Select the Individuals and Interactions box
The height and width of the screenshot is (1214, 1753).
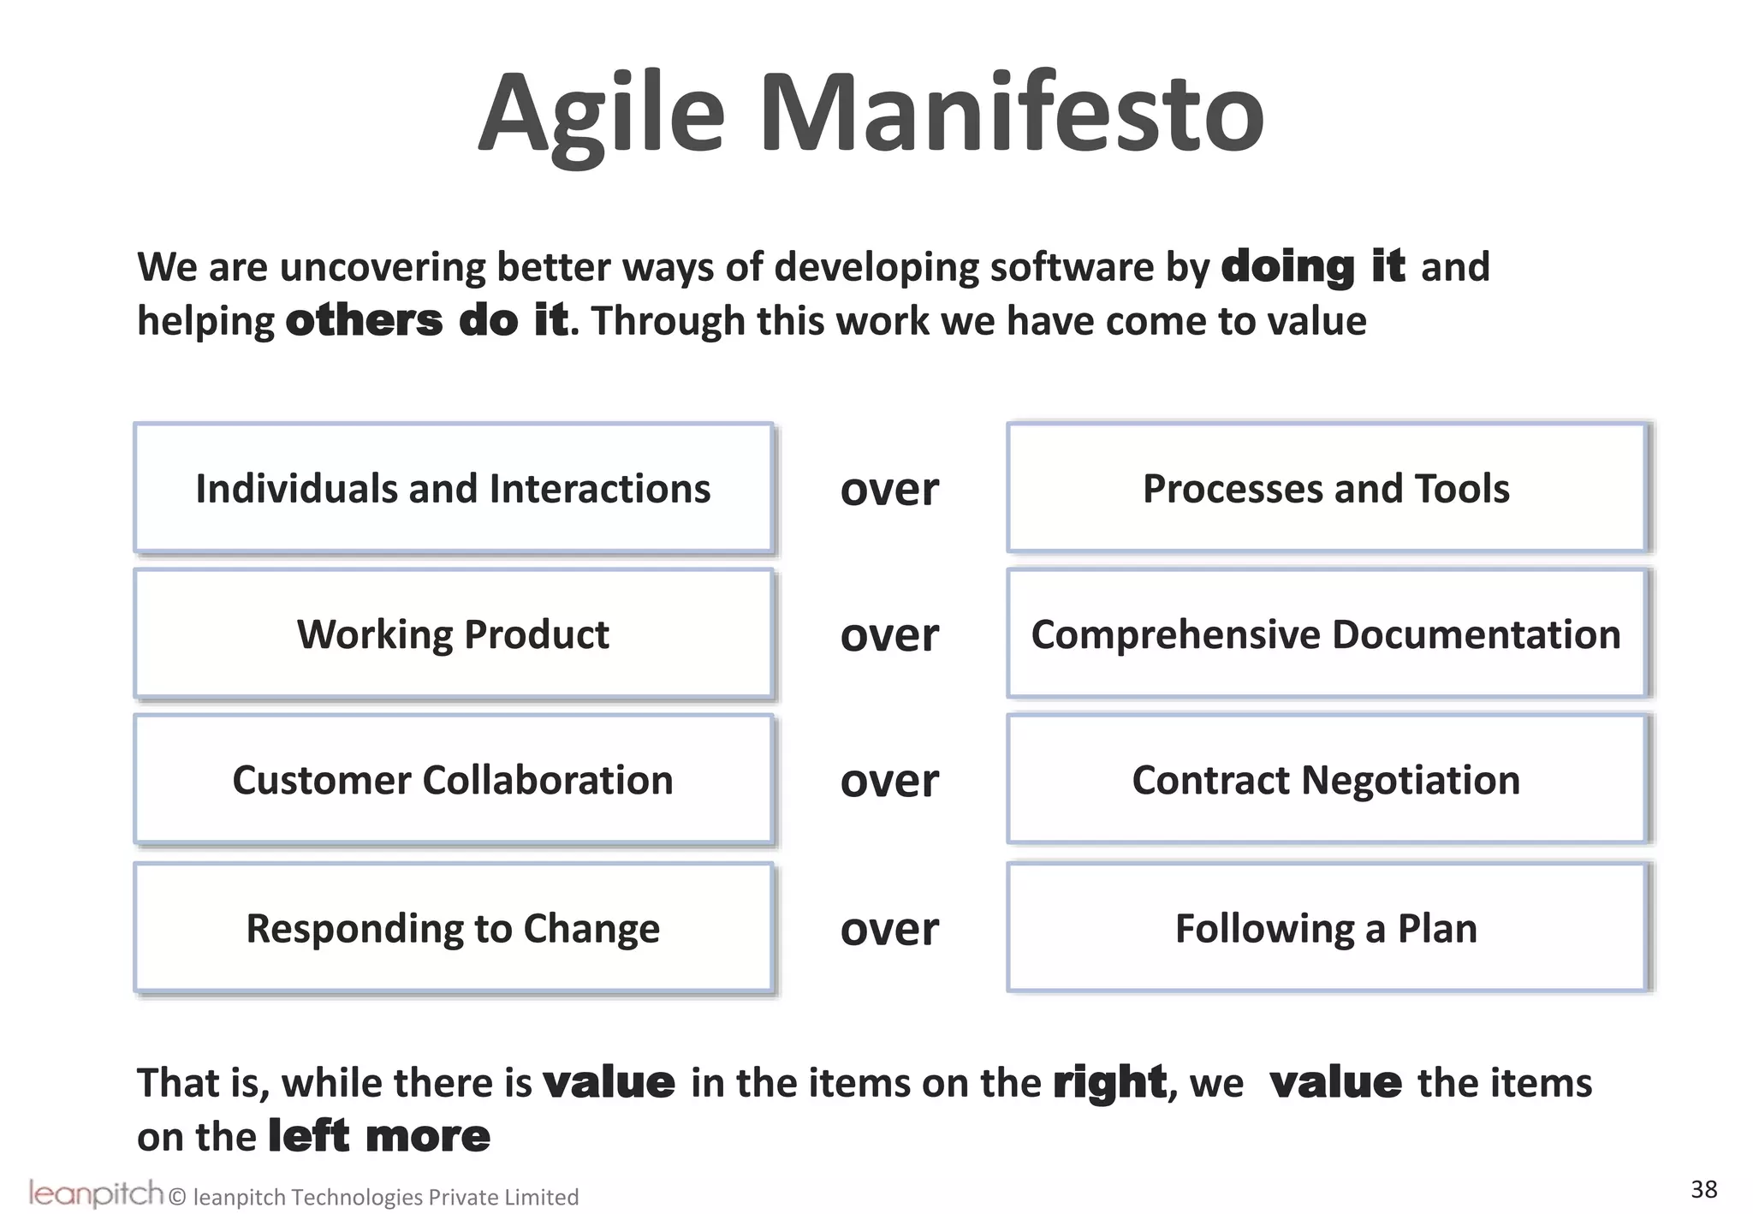click(453, 489)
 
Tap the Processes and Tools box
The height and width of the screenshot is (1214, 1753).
click(1326, 489)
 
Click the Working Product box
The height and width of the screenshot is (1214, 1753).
click(453, 634)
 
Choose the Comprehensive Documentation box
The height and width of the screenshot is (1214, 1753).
click(1326, 634)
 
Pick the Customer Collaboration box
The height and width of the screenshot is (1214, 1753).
click(453, 780)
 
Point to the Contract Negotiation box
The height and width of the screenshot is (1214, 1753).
click(1326, 780)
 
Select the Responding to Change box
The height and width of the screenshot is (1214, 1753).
click(453, 928)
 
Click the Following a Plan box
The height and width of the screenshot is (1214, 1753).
click(1326, 928)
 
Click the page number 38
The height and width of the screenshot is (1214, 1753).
click(1703, 1189)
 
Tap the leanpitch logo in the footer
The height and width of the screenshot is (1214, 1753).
click(95, 1193)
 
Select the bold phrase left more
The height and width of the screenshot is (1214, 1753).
click(379, 1136)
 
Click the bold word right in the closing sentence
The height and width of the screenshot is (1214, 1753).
click(1109, 1083)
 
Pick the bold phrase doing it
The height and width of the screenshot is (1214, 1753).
click(1312, 266)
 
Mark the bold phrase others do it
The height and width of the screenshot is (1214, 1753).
click(426, 321)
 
